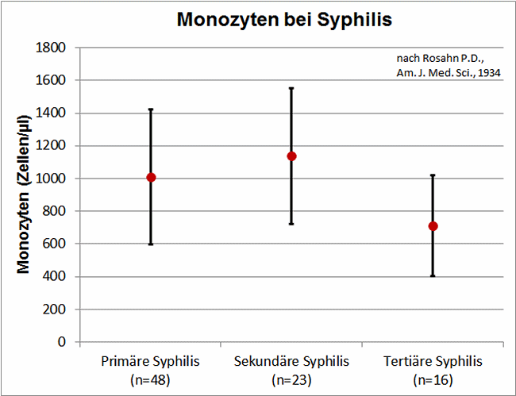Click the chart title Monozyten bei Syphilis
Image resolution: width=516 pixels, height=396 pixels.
point(284,20)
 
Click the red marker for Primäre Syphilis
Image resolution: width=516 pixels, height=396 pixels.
point(151,177)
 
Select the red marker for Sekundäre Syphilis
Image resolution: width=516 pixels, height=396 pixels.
point(291,156)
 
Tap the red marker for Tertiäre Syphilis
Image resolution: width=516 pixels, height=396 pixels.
point(433,226)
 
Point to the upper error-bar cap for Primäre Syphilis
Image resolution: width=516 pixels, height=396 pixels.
point(151,110)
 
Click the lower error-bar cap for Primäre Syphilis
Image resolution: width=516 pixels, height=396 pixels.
point(151,244)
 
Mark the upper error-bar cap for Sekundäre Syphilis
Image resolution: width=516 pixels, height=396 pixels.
point(291,88)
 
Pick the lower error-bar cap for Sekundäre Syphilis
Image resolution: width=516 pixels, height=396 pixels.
point(291,224)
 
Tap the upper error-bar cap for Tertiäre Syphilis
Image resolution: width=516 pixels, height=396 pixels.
point(433,175)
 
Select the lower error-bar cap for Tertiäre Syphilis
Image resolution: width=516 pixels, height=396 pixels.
point(433,275)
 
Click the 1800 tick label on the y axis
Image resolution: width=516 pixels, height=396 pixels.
point(51,48)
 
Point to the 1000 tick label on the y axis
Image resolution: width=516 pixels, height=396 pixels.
point(51,179)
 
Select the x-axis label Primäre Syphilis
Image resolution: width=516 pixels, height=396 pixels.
point(151,362)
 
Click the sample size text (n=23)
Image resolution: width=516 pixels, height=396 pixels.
point(291,379)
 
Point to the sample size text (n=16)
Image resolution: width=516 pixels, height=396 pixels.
point(433,379)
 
